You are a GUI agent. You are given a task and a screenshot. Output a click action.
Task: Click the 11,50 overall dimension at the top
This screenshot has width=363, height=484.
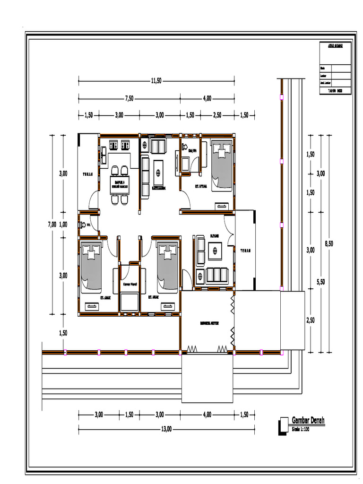(x=156, y=81)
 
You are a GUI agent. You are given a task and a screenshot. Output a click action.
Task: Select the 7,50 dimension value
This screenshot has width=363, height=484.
(x=130, y=98)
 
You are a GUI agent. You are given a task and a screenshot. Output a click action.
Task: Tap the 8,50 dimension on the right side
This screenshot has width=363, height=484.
(x=329, y=243)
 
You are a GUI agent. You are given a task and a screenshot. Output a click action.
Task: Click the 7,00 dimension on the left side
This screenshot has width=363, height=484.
(x=52, y=225)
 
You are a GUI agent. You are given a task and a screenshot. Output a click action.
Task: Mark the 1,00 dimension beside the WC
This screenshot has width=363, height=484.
(x=63, y=225)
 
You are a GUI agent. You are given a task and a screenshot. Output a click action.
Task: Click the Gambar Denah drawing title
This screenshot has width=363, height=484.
(x=308, y=420)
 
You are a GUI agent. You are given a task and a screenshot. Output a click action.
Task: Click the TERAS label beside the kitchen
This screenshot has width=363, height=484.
(x=88, y=173)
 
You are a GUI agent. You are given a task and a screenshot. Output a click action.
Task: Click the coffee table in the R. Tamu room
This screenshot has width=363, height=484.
(x=216, y=250)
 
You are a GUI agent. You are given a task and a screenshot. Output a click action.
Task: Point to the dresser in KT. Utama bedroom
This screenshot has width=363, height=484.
(x=221, y=206)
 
